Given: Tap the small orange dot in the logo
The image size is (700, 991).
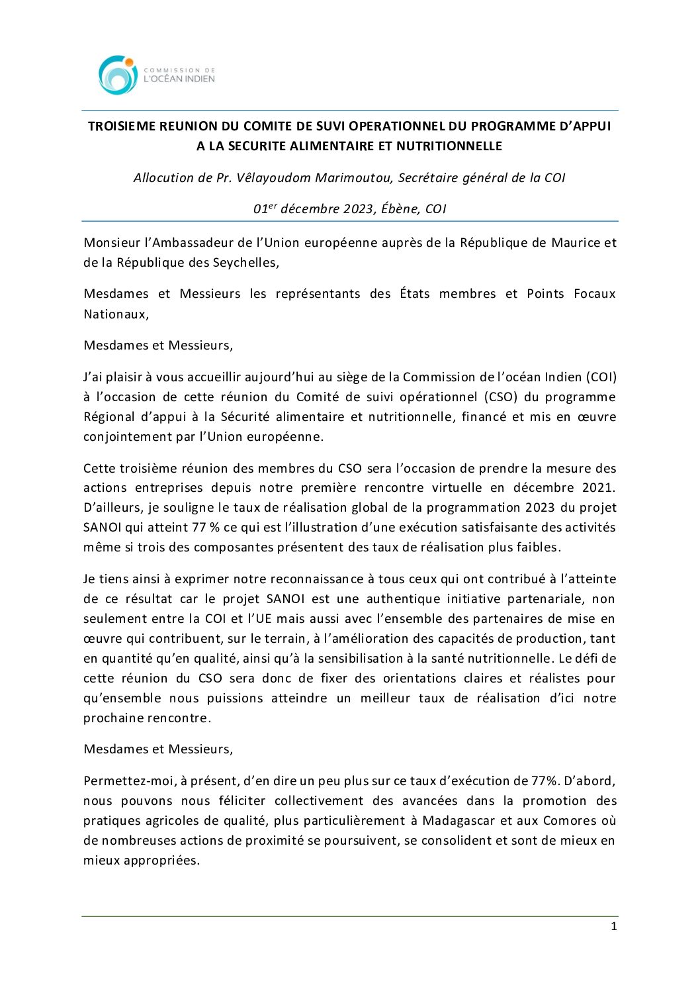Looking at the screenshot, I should tap(130, 62).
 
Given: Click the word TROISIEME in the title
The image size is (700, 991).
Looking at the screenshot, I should tap(120, 126).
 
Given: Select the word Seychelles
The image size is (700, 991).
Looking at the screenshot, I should tap(245, 262).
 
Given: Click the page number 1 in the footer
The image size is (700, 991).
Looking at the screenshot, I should tap(613, 926).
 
